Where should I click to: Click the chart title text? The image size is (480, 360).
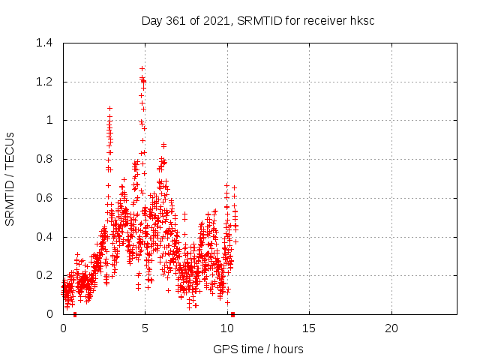tap(258, 21)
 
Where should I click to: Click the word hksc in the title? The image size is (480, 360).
tap(362, 21)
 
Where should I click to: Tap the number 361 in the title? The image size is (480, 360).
tap(175, 21)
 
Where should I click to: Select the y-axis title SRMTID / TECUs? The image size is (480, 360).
tap(10, 179)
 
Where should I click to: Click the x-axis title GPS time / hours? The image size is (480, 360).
tap(258, 349)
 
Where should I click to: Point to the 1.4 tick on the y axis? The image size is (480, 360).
tap(44, 43)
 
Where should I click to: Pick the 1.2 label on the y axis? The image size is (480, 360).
tap(44, 82)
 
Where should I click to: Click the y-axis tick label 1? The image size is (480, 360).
tap(49, 120)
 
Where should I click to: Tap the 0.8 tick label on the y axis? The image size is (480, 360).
tap(44, 159)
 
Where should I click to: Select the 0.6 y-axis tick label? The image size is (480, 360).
tap(44, 198)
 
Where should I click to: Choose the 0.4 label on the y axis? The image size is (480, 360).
tap(44, 237)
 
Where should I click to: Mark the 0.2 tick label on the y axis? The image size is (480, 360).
tap(44, 275)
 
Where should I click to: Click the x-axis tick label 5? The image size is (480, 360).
tap(145, 328)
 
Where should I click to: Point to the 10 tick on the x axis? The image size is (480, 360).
tap(227, 328)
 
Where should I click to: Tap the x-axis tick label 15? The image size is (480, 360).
tap(309, 328)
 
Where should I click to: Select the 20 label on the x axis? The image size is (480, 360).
tap(391, 328)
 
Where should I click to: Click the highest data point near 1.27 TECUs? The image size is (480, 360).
tap(142, 68)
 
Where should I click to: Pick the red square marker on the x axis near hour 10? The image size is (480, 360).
tap(233, 314)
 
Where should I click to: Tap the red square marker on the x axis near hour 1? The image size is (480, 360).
tap(75, 314)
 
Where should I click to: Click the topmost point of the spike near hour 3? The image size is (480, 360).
tap(109, 108)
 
